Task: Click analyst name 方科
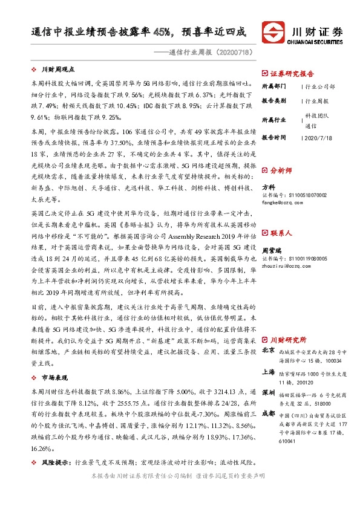point(269,187)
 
